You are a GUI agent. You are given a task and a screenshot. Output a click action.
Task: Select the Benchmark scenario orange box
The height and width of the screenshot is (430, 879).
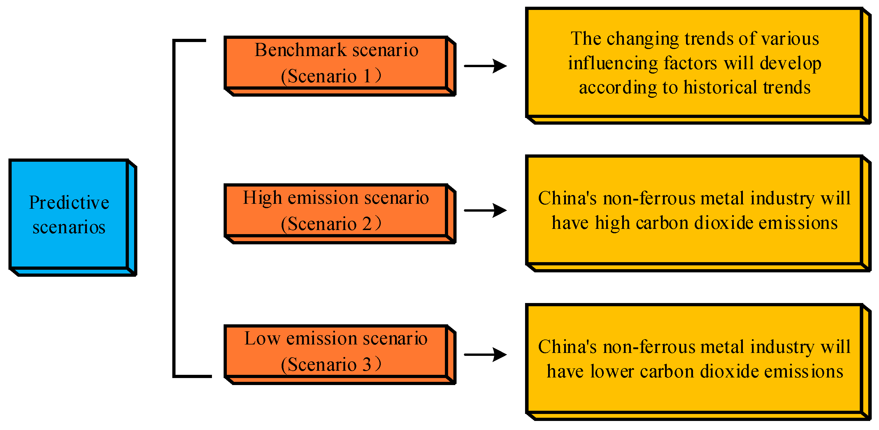point(336,63)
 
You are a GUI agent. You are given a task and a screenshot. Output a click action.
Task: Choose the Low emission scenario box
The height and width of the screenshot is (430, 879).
point(336,351)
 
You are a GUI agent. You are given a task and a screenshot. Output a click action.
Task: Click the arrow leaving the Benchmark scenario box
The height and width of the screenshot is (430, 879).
point(485,66)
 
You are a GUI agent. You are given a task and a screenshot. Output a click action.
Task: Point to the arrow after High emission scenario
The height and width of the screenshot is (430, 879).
point(485,210)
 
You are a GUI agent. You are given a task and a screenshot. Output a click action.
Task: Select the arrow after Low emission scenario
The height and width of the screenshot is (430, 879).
point(485,354)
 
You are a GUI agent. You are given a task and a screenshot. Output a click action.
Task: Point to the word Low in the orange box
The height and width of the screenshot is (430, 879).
point(262,339)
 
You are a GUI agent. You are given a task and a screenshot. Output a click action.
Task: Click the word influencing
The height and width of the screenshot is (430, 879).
point(613,64)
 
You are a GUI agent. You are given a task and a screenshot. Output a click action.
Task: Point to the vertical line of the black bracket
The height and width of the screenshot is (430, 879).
point(174,208)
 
